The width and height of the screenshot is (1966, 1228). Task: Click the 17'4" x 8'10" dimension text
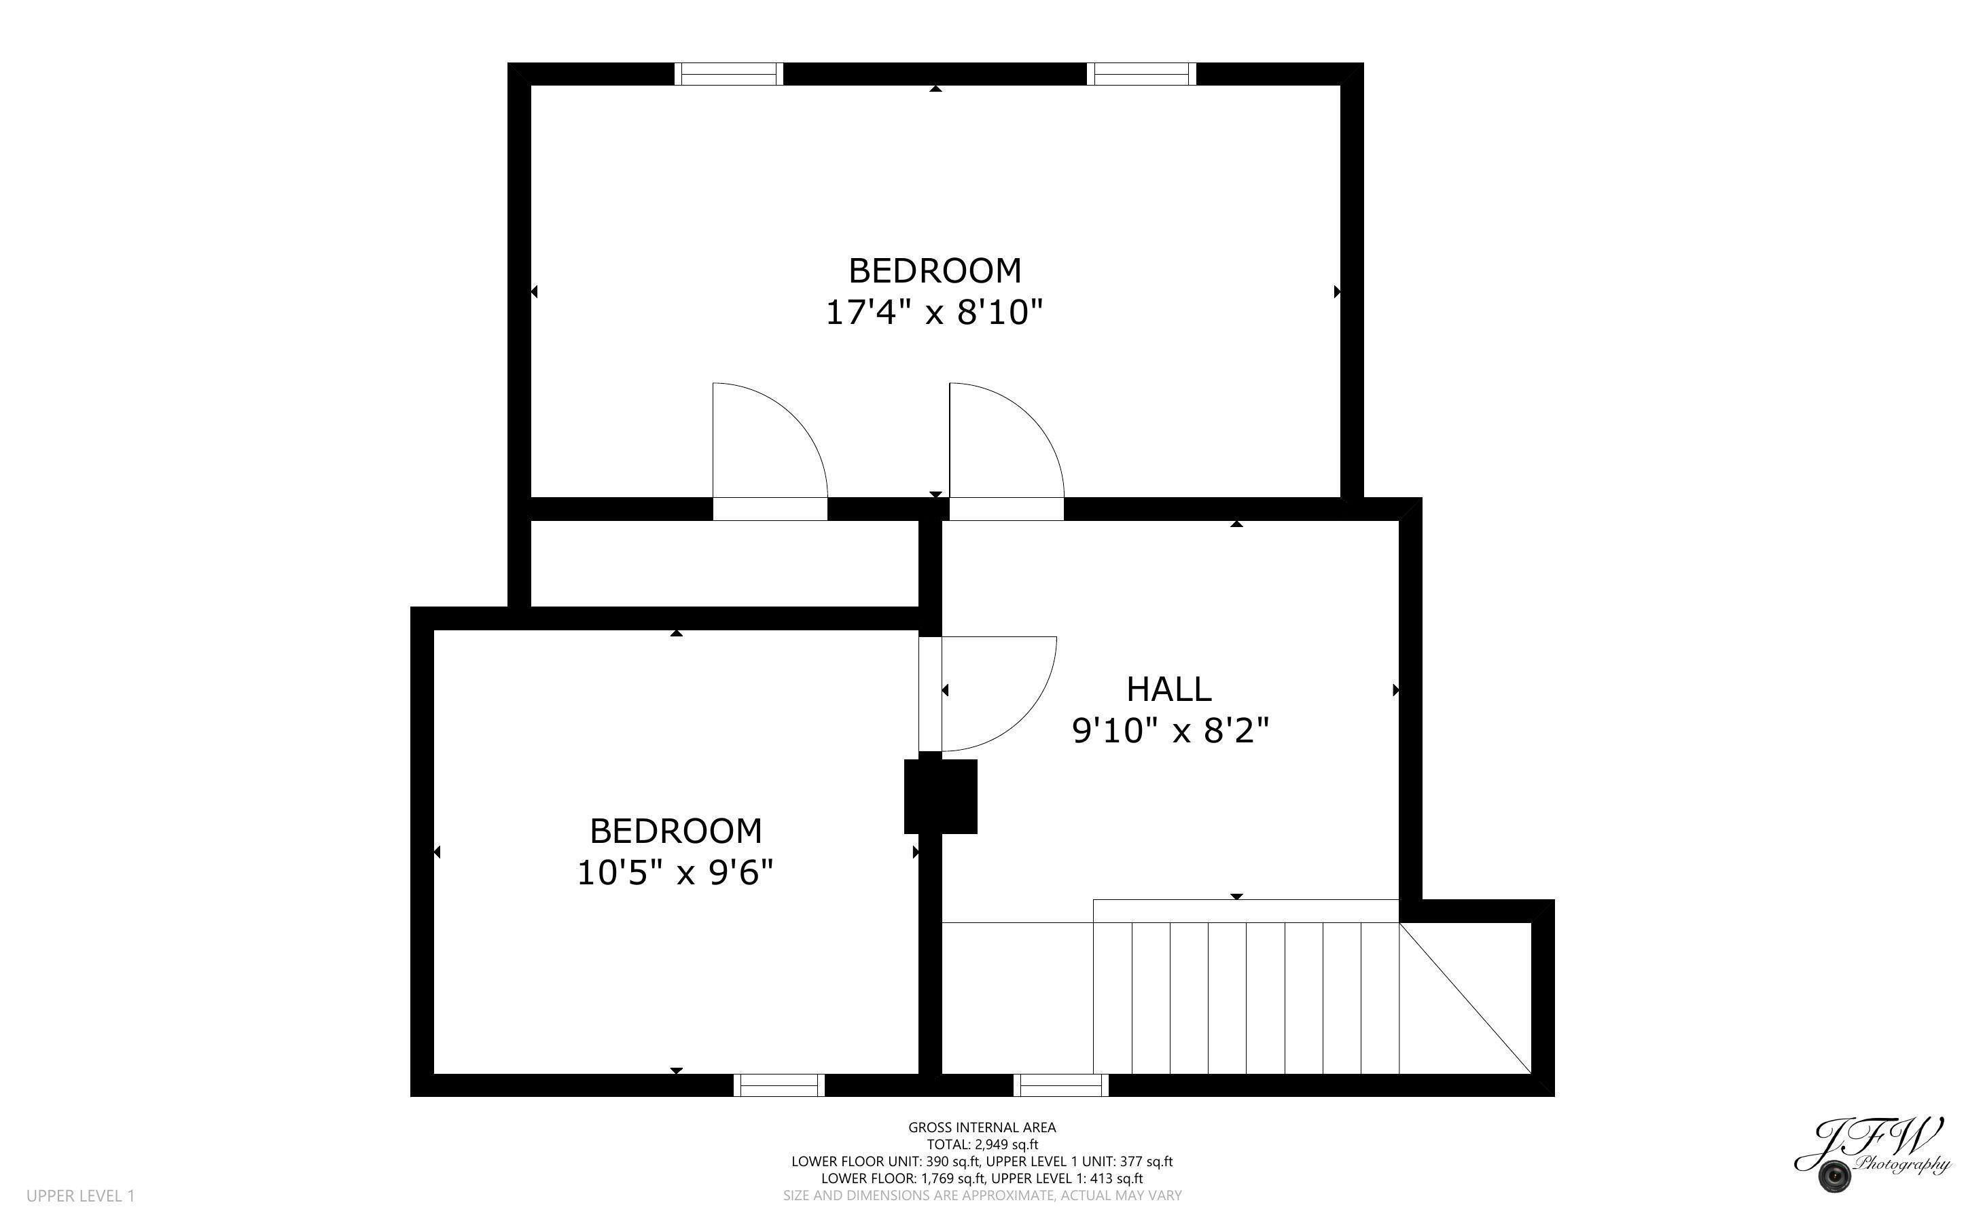(934, 312)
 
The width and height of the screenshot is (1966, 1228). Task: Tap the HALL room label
(1168, 689)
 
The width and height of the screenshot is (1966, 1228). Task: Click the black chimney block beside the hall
(940, 796)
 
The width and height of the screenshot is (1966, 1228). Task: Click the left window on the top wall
(728, 74)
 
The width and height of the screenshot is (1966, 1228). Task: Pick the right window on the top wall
(1141, 74)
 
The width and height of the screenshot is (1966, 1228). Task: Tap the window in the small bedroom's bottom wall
(779, 1085)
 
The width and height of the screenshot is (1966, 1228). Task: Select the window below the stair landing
(1060, 1085)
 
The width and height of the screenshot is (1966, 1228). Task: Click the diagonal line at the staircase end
(1466, 998)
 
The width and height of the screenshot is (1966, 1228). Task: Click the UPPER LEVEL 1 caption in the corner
(80, 1195)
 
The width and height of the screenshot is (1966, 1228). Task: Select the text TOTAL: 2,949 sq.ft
(982, 1144)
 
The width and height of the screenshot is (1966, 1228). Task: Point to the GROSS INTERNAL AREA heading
(982, 1127)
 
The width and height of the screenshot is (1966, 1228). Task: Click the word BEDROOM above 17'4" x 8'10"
(935, 270)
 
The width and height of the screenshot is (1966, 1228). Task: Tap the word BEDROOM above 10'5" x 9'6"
(676, 831)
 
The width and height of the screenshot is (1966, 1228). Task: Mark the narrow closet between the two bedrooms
(723, 563)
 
